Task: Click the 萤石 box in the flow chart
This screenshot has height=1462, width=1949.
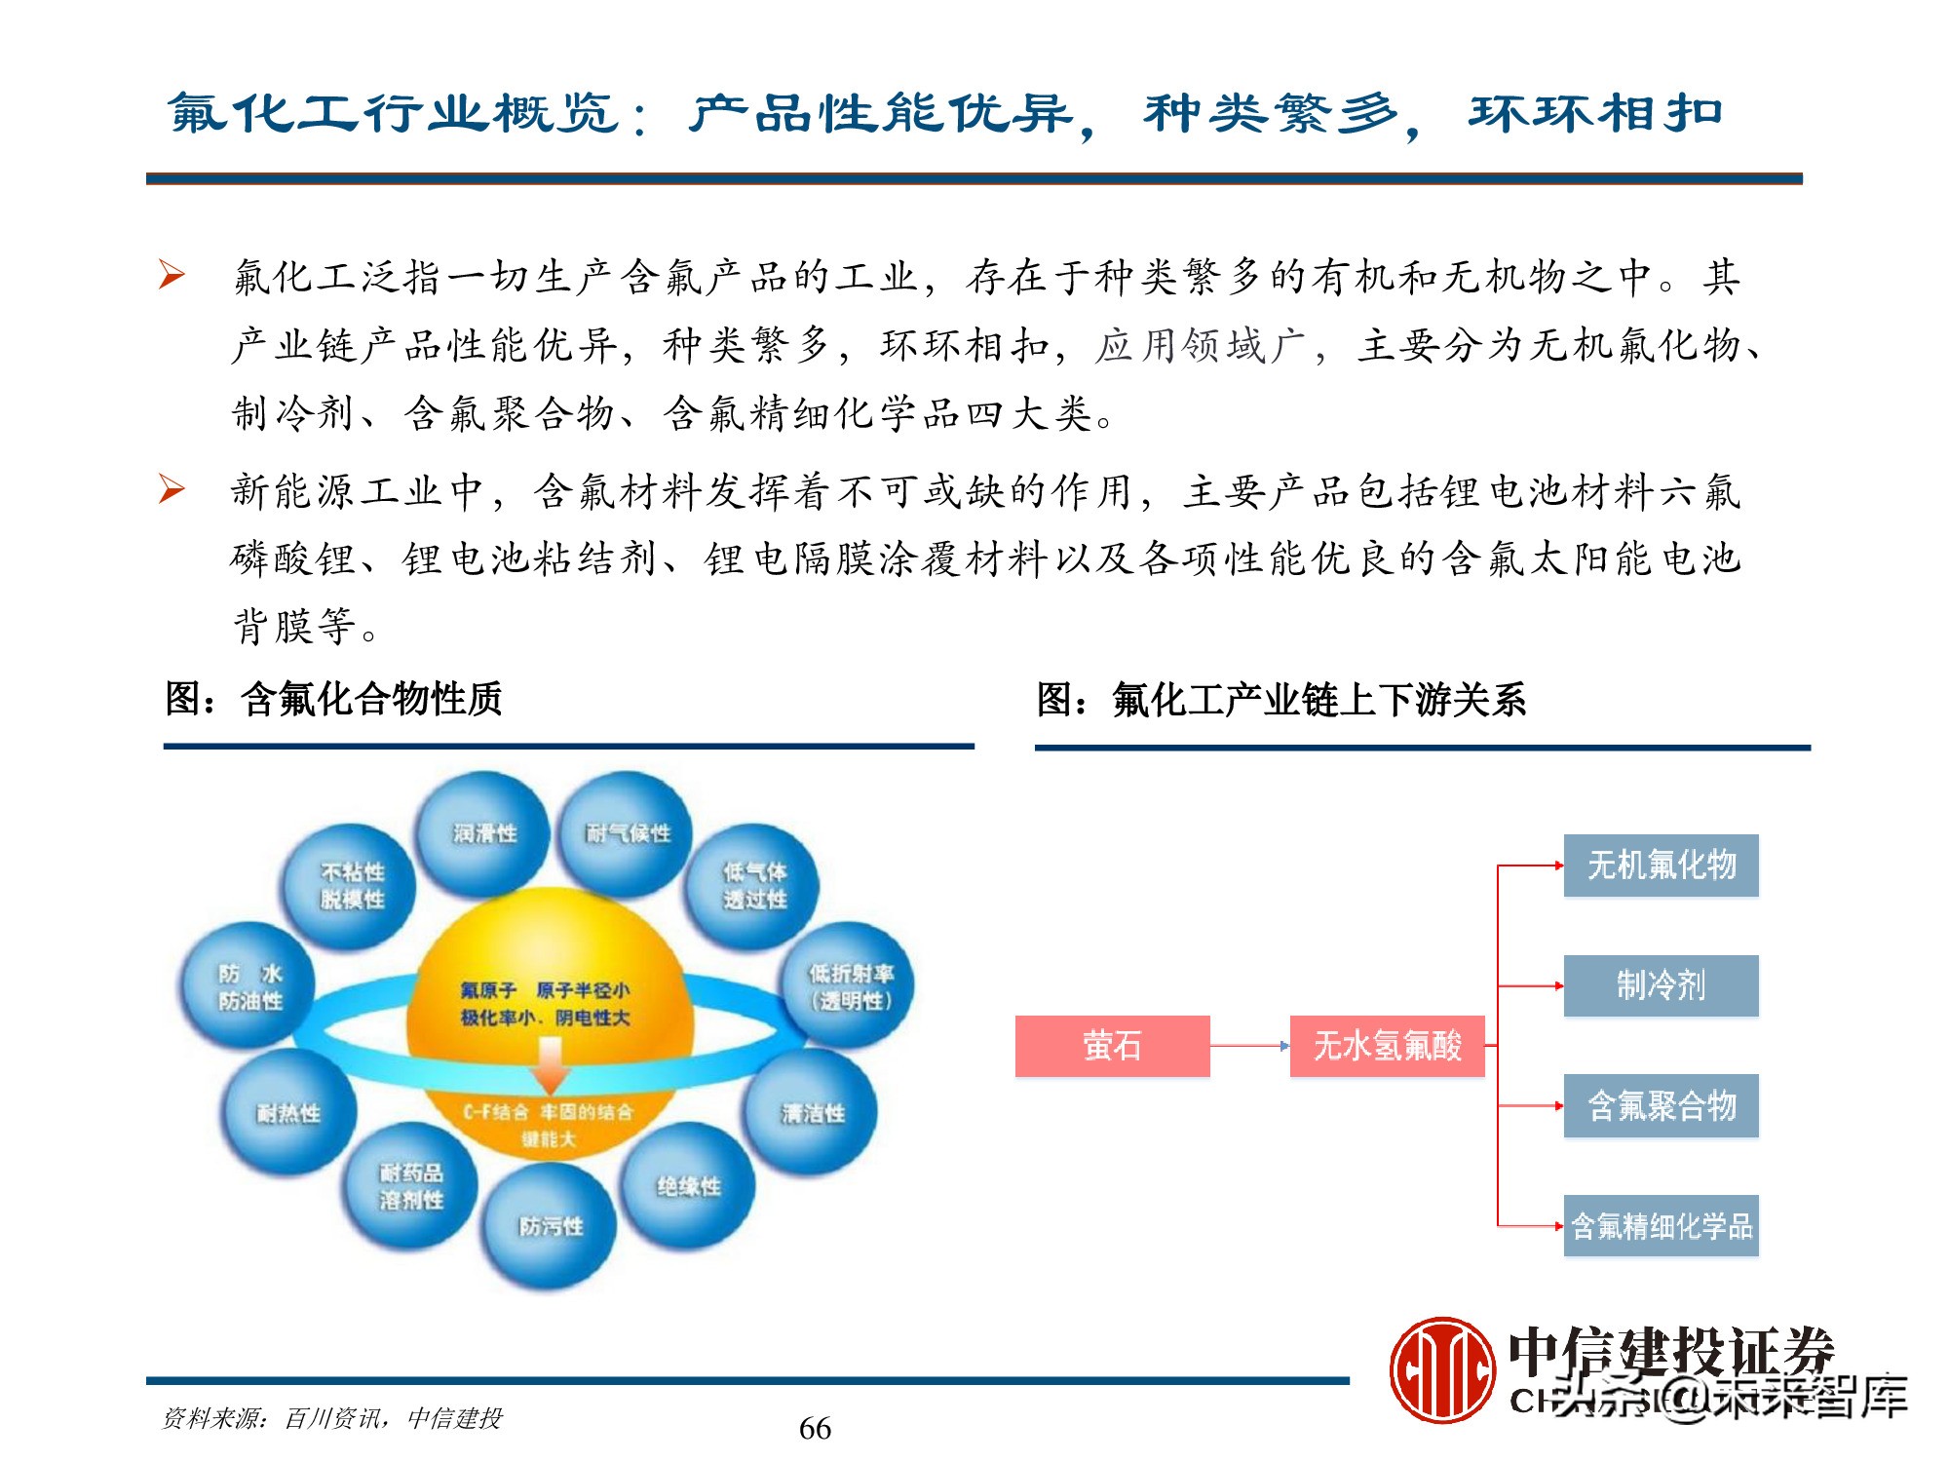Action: (x=1112, y=1046)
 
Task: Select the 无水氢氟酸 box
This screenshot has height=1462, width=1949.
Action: (x=1387, y=1046)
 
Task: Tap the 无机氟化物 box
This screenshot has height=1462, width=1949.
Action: (x=1661, y=865)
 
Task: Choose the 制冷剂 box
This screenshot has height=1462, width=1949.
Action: (x=1661, y=985)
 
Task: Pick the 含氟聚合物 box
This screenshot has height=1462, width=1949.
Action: (x=1661, y=1105)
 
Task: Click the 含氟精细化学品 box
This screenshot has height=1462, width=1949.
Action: (x=1661, y=1225)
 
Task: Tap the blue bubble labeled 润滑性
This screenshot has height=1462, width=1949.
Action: (x=484, y=833)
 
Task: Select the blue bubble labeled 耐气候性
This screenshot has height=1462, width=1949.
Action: (x=627, y=833)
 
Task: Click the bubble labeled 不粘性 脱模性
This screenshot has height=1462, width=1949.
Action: (x=351, y=885)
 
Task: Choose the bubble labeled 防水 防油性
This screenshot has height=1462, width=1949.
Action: (x=249, y=986)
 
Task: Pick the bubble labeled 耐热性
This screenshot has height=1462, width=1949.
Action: (x=288, y=1113)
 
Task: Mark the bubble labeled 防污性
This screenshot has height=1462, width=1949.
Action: (x=551, y=1226)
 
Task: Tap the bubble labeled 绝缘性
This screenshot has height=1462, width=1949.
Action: (x=688, y=1186)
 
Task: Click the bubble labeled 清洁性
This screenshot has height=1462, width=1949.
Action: (x=812, y=1113)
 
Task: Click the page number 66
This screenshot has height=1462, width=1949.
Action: (x=815, y=1428)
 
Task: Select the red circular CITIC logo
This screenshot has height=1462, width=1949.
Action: (x=1442, y=1369)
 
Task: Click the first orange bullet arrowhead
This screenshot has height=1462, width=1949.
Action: (x=172, y=275)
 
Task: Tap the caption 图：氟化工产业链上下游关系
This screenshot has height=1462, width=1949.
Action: (x=1280, y=700)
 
